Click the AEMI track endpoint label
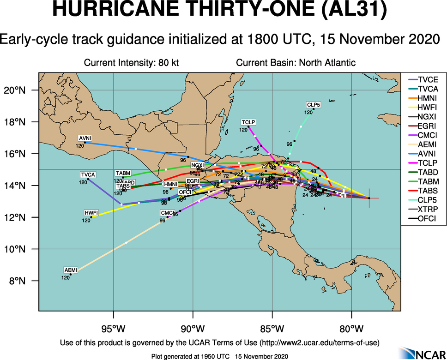tap(71, 270)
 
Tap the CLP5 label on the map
tap(314, 105)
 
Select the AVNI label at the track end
tap(85, 138)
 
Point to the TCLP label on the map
tap(248, 122)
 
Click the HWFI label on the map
tap(91, 213)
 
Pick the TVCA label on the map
tap(88, 174)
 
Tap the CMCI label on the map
tap(167, 213)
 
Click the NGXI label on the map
tap(197, 165)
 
